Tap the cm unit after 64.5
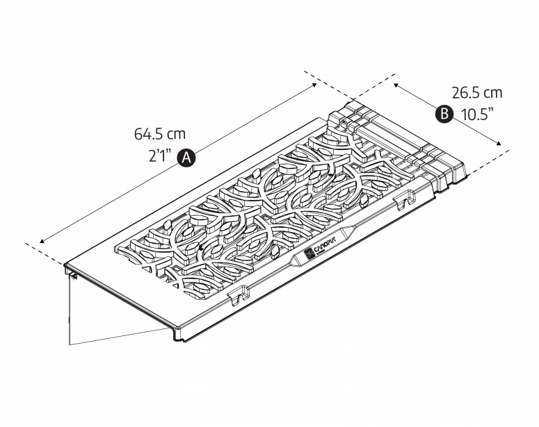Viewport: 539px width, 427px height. point(176,134)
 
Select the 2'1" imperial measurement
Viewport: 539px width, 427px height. point(159,157)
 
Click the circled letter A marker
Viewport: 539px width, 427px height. point(186,158)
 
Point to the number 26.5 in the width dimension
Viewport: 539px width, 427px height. point(467,92)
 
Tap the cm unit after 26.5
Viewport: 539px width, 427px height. point(492,92)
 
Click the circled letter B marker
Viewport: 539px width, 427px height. point(444,115)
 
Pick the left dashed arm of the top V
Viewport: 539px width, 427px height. point(327,85)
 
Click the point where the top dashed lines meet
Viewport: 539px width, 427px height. point(351,98)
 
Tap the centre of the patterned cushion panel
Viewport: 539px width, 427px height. point(268,212)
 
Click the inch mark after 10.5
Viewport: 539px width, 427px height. point(490,111)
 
